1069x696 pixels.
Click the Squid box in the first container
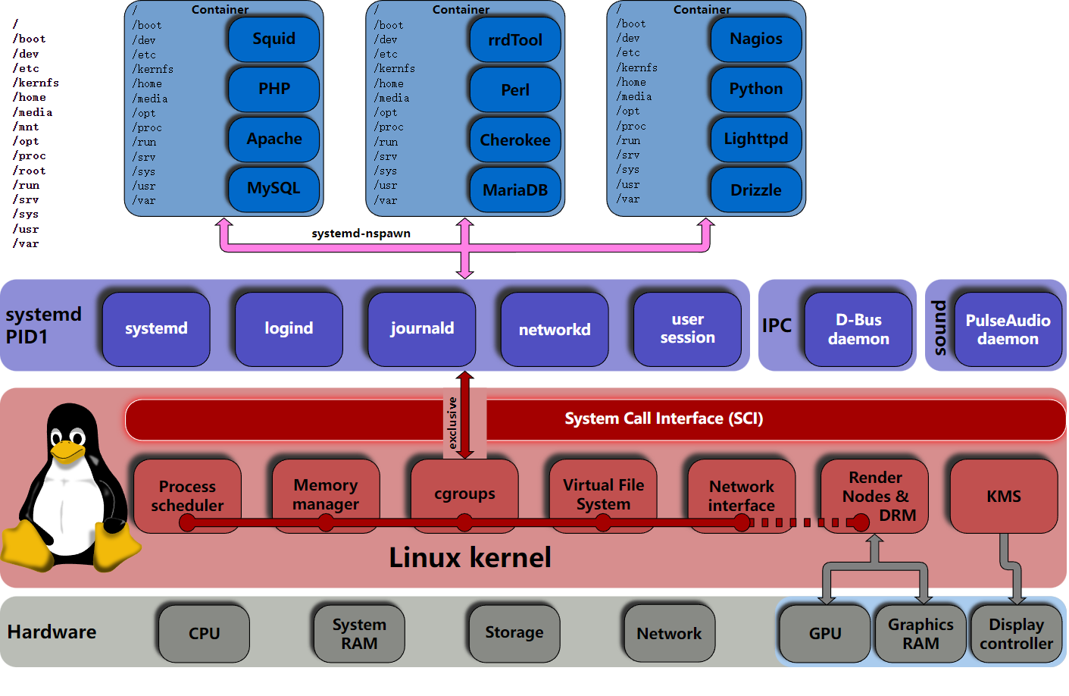tap(274, 39)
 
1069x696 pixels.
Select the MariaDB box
tap(515, 190)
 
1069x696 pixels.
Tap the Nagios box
tap(755, 39)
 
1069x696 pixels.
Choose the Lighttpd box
tap(755, 139)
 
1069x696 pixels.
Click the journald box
tap(422, 329)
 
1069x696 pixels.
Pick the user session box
tap(687, 329)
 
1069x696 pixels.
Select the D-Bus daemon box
tap(858, 329)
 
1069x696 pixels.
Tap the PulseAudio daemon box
tap(1007, 329)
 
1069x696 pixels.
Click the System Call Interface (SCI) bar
tap(663, 419)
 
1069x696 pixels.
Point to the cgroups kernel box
tap(464, 494)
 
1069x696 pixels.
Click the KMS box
tap(1003, 496)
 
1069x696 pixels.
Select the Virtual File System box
tap(603, 494)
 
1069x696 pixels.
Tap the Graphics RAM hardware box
tap(921, 633)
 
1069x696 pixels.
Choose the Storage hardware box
tap(514, 632)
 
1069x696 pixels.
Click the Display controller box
tap(1016, 633)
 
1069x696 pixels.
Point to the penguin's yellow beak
tap(67, 453)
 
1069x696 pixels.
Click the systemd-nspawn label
tap(361, 234)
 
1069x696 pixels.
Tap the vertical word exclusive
tap(452, 423)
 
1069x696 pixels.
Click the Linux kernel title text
tap(470, 558)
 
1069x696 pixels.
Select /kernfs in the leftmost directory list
tap(36, 83)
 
